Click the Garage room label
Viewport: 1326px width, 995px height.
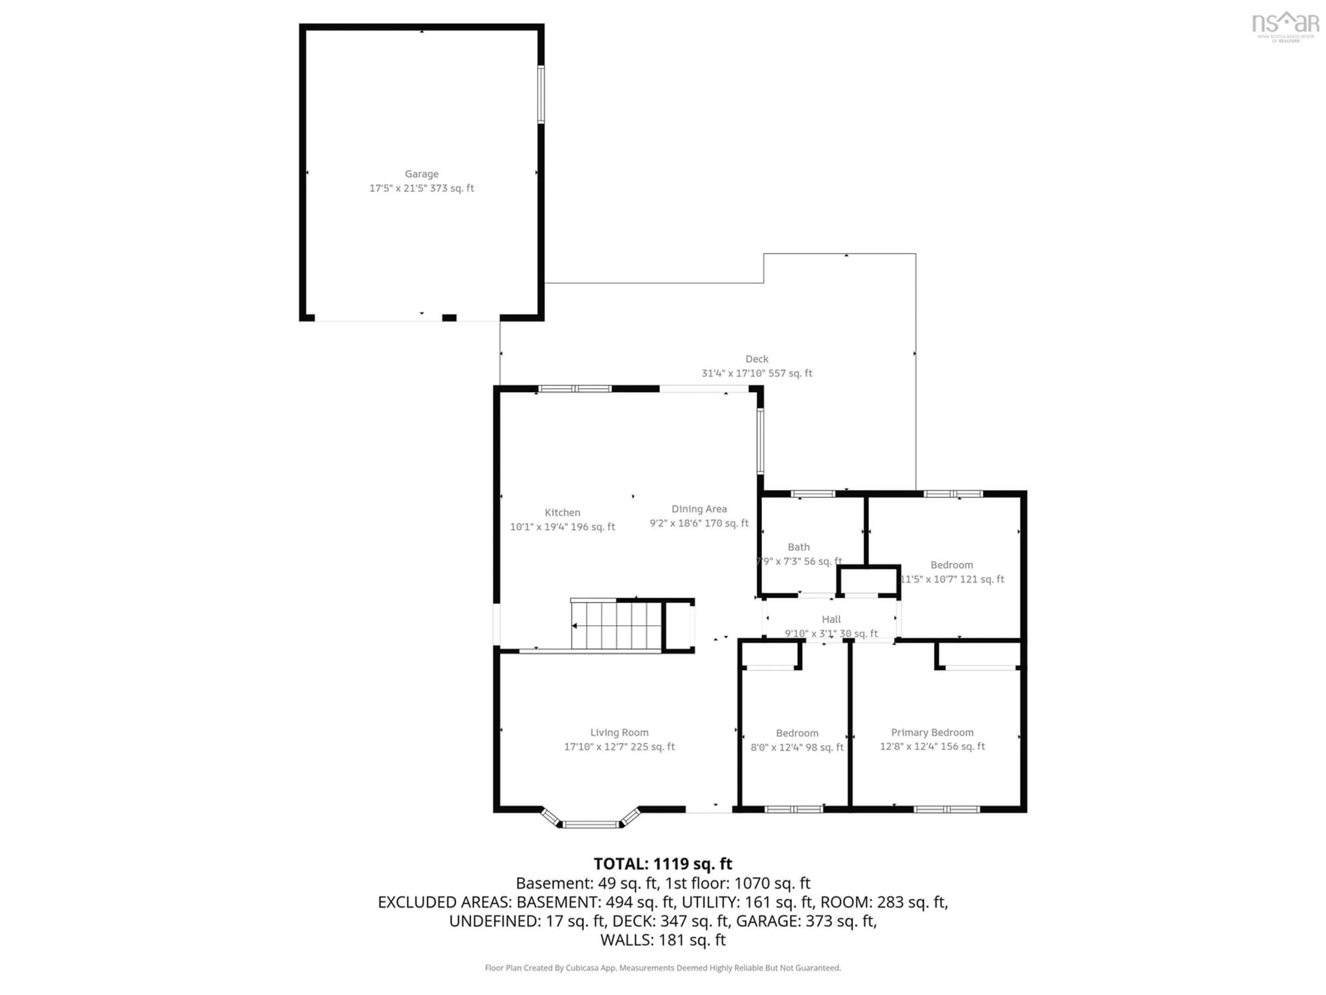coord(421,174)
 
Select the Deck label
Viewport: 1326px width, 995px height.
coord(757,359)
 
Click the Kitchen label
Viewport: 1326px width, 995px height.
coord(562,512)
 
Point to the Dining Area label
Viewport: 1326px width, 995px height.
coord(699,509)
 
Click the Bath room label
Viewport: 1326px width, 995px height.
coord(798,547)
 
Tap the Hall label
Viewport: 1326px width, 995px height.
coord(831,619)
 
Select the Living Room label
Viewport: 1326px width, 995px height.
coord(619,732)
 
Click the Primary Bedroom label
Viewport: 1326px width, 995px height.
coord(932,732)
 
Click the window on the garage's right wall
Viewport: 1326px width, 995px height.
coord(541,94)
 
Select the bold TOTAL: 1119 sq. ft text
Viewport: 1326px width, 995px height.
coord(662,864)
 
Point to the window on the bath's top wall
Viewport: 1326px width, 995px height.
coord(813,494)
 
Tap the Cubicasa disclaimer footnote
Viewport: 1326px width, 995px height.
coord(662,967)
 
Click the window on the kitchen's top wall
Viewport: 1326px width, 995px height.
coord(575,389)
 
